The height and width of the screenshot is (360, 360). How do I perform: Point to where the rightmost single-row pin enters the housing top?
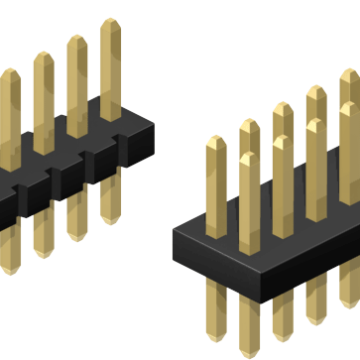click(111, 115)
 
